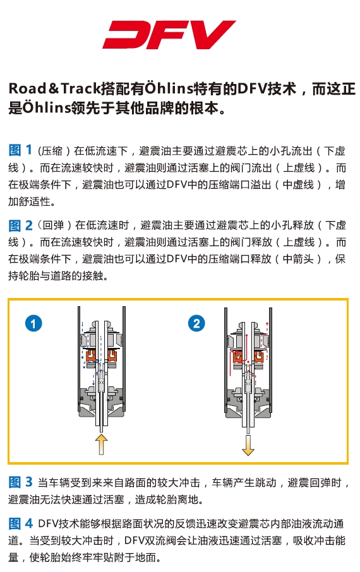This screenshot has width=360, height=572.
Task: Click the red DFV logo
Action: click(x=169, y=35)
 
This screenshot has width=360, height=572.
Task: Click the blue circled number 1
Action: click(x=33, y=324)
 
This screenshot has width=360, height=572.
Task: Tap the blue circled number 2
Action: click(x=196, y=324)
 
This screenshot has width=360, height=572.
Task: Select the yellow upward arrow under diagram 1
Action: click(x=101, y=444)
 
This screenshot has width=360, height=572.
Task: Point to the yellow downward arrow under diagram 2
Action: click(x=248, y=445)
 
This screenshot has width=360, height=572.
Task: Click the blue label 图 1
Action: click(x=20, y=150)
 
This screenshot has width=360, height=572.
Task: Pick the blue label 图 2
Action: click(x=20, y=225)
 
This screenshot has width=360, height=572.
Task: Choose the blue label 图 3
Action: click(x=20, y=482)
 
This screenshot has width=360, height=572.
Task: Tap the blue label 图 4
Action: click(x=20, y=523)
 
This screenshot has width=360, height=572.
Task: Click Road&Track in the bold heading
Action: click(x=54, y=88)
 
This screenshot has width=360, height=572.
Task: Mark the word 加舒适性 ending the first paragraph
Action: click(x=32, y=201)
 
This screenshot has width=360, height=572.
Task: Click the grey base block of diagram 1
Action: click(x=101, y=402)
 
